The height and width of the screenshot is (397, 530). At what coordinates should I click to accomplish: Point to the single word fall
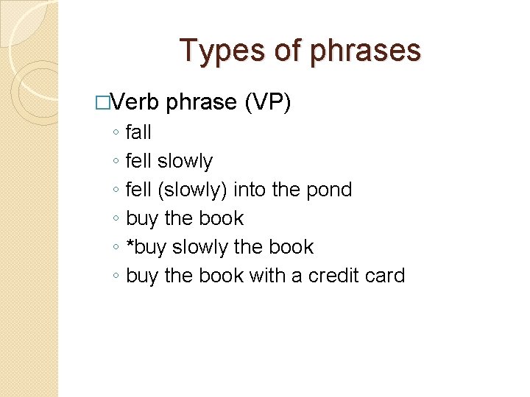coord(138,132)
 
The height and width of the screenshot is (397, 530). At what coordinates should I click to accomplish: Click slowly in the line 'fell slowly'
coord(185,161)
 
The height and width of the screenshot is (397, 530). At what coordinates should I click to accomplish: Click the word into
coord(250,190)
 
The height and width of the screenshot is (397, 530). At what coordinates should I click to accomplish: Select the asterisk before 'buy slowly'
coord(130,245)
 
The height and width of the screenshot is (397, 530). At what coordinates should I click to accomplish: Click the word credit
coord(336,276)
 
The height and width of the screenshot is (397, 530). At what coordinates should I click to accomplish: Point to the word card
coord(386,276)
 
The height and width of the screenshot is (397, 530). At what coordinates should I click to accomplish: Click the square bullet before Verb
coord(102,103)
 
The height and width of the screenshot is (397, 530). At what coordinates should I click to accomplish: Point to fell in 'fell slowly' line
coord(138,161)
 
